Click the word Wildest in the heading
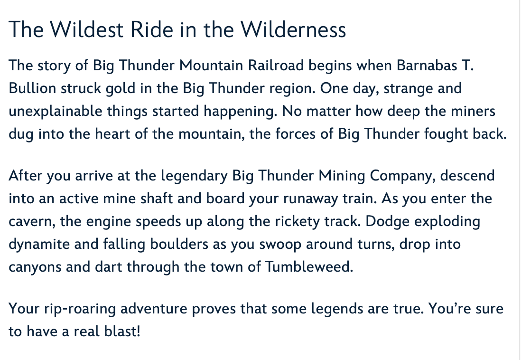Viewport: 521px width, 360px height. click(x=87, y=29)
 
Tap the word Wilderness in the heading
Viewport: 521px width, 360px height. click(x=293, y=29)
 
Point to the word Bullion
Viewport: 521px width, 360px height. click(x=32, y=88)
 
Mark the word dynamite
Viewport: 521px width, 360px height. click(x=39, y=245)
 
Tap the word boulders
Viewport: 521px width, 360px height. click(x=179, y=244)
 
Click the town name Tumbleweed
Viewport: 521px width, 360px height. click(x=309, y=267)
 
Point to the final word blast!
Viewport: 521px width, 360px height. click(x=122, y=332)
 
